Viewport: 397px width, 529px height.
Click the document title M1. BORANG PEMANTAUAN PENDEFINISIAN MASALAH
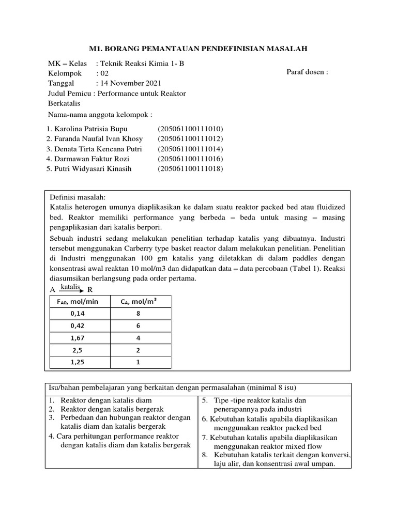pos(198,49)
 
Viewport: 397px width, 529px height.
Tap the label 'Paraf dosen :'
pos(307,72)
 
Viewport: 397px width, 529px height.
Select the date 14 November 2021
pos(129,83)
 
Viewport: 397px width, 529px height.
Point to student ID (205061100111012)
pos(190,138)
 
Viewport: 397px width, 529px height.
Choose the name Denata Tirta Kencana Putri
pos(94,149)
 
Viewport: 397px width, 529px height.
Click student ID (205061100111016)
pos(190,159)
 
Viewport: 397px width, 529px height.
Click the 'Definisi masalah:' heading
pos(77,197)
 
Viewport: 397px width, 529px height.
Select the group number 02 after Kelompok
pos(105,73)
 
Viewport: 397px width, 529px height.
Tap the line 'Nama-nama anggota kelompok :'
pos(100,114)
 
